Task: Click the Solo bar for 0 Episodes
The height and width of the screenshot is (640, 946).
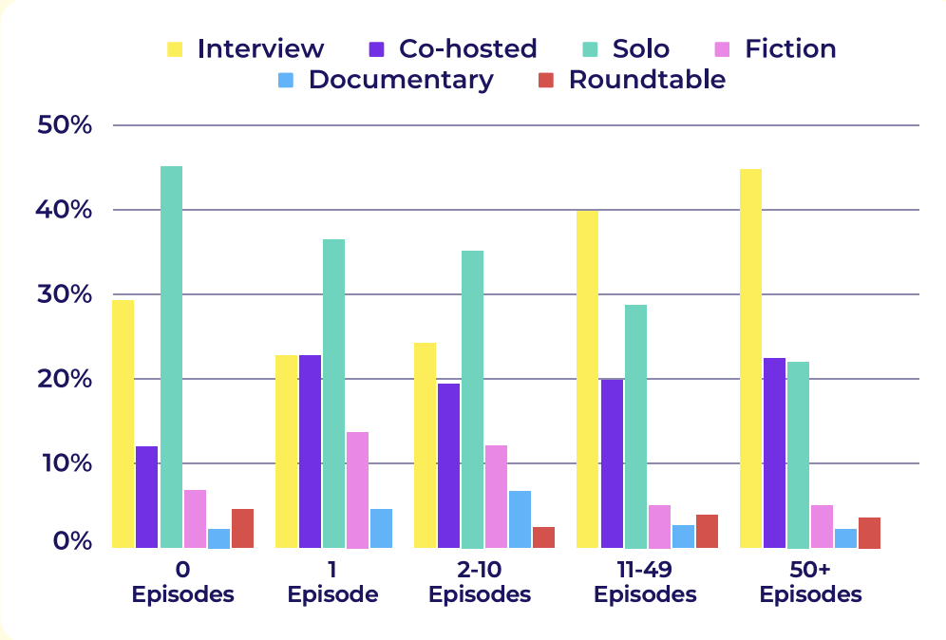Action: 171,357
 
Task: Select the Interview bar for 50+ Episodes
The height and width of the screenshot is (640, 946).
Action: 750,359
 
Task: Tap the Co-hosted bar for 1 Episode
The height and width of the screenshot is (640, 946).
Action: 310,452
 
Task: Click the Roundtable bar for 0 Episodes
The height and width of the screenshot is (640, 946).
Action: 242,529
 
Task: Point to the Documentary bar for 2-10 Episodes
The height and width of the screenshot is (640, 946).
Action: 520,519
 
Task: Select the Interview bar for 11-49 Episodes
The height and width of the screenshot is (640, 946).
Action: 587,380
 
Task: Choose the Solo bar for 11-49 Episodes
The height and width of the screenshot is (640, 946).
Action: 635,426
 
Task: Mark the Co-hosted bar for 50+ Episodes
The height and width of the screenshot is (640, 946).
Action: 774,453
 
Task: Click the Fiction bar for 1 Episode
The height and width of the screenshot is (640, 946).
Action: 357,490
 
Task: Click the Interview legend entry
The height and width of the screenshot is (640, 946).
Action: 245,48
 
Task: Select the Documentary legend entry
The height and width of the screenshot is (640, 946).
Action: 386,80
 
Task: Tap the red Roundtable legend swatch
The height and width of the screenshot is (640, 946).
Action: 546,80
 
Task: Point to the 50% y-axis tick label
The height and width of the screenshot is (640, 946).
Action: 63,125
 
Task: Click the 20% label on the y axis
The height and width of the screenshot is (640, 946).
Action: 63,379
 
